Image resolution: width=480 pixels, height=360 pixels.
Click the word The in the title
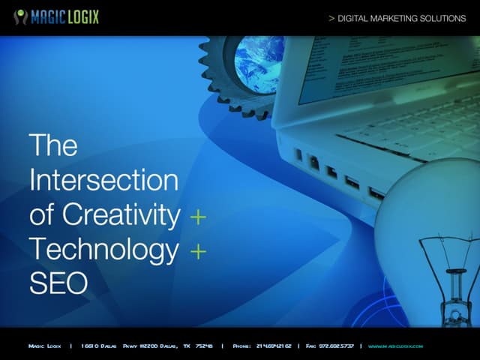point(52,145)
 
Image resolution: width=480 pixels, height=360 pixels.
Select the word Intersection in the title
point(103,180)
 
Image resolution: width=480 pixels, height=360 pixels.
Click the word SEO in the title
point(58,283)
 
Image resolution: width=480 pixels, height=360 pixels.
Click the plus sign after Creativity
point(197,217)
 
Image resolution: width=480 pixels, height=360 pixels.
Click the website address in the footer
point(395,346)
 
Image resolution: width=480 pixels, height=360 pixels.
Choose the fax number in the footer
point(335,346)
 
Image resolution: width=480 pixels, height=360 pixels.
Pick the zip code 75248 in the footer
point(204,346)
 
